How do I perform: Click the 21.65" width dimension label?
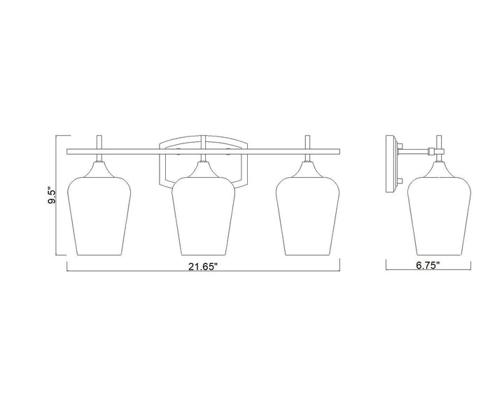203,267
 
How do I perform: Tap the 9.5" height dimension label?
52,195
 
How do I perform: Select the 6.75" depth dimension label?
428,265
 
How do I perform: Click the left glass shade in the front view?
99,216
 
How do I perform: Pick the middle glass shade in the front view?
203,216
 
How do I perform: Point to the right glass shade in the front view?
307,216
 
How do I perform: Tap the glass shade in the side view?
439,216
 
